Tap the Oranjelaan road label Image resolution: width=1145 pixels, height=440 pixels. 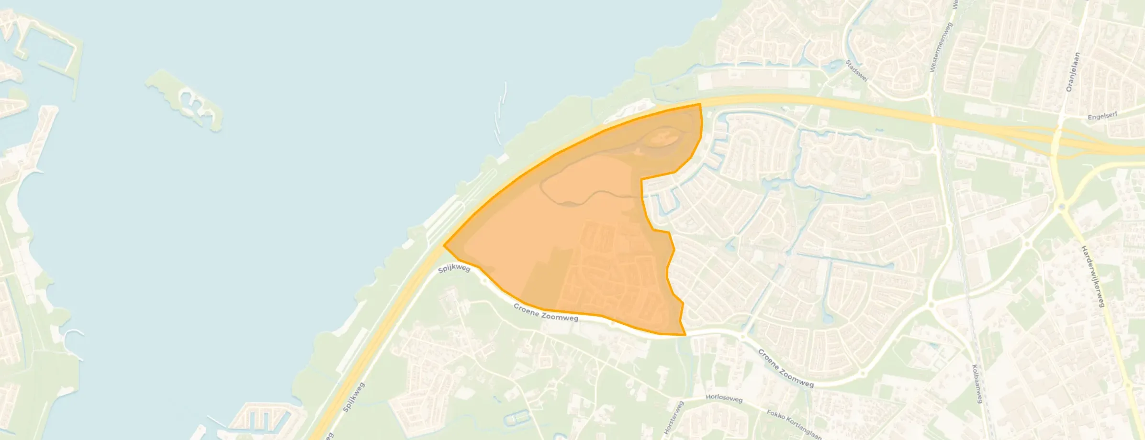click(x=1072, y=72)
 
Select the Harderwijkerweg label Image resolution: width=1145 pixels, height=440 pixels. click(x=1092, y=276)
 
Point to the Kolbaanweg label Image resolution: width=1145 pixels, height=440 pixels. click(x=977, y=384)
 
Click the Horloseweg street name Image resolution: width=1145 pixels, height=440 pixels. click(x=724, y=398)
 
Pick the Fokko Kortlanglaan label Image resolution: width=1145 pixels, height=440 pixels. click(x=794, y=424)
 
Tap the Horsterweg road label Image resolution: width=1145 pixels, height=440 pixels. click(x=674, y=418)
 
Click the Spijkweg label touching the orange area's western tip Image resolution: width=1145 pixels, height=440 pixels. click(x=454, y=268)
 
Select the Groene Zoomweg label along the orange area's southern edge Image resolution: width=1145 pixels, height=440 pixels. click(x=546, y=312)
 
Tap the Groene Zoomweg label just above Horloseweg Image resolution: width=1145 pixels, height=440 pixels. click(x=785, y=368)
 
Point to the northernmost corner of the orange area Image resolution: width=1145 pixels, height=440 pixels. click(x=700, y=104)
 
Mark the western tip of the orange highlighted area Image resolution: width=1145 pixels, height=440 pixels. click(x=445, y=245)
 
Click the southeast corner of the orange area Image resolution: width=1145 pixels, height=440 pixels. click(x=685, y=334)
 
